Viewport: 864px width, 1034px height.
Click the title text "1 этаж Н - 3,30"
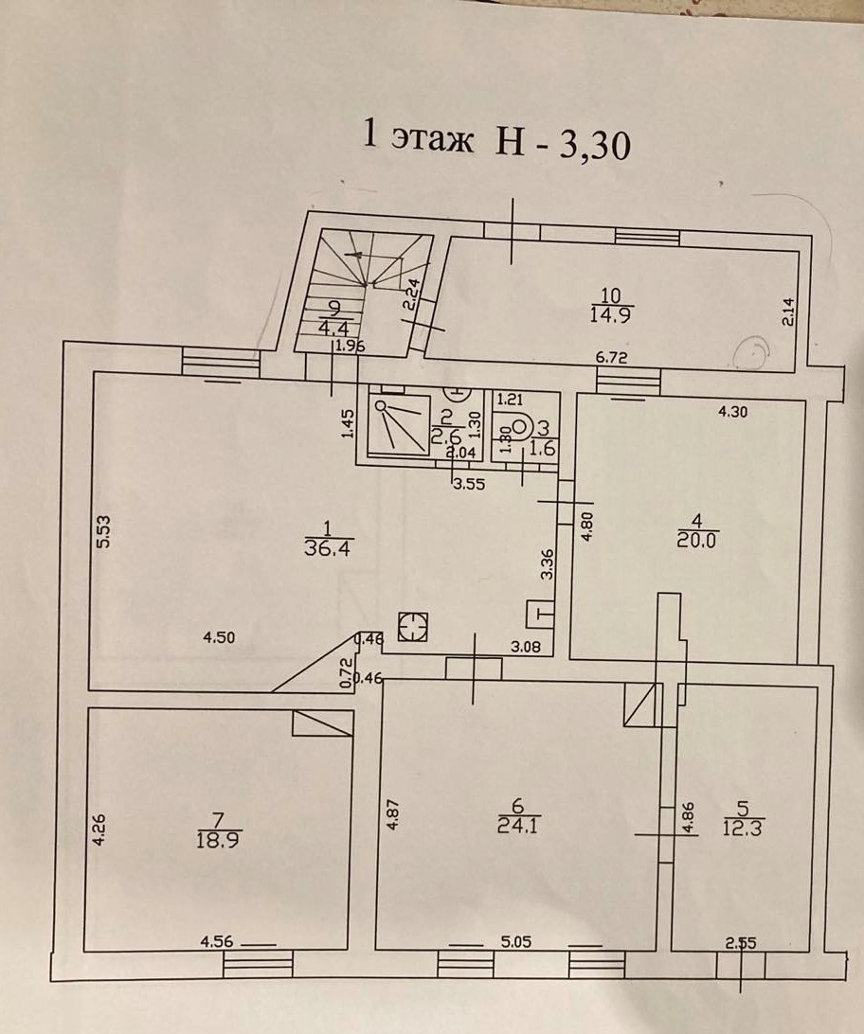(x=497, y=143)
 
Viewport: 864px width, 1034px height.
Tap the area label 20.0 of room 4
(x=696, y=539)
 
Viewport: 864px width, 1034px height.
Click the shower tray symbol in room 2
(x=399, y=425)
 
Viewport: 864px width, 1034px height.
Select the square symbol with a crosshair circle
(x=413, y=628)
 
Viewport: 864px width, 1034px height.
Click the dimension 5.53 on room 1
(x=105, y=530)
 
